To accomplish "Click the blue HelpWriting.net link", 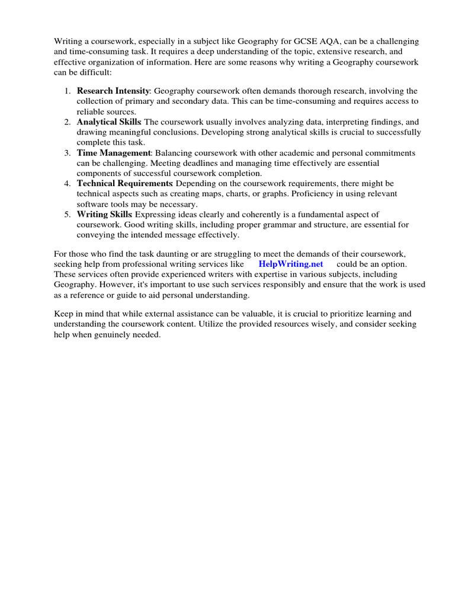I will pyautogui.click(x=291, y=264).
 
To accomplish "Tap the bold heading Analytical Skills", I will pyautogui.click(x=108, y=122).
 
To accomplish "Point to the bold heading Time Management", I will pyautogui.click(x=114, y=152).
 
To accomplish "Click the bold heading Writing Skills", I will pyautogui.click(x=104, y=214).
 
